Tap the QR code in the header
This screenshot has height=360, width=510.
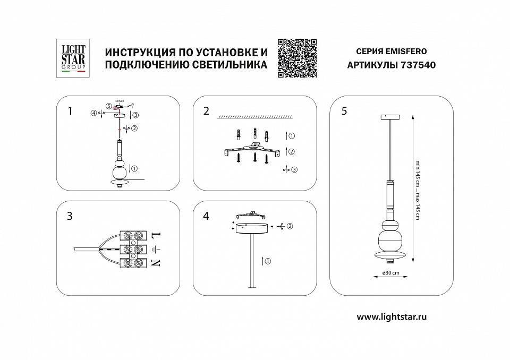tap(297, 58)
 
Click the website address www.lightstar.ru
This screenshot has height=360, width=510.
tap(392, 317)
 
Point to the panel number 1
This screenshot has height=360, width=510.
tap(70, 111)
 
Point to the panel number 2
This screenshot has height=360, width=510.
tap(206, 111)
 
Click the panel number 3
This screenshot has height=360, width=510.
tap(70, 216)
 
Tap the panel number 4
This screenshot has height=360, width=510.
tap(206, 216)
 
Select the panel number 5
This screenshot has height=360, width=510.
tap(344, 111)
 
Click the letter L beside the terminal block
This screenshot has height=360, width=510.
tap(155, 234)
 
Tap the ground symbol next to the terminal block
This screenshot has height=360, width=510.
tap(155, 249)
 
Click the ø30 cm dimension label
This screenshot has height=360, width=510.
tap(390, 272)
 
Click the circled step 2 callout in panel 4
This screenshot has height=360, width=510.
tap(290, 227)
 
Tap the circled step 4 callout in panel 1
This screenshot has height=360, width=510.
tap(93, 113)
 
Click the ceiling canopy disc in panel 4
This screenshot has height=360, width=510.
tap(251, 228)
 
